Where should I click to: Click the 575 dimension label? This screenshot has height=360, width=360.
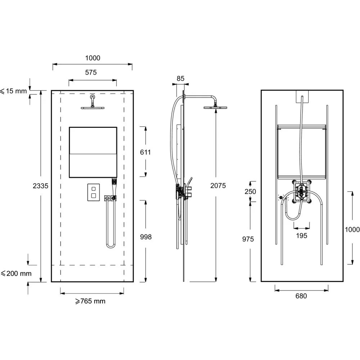(91, 73)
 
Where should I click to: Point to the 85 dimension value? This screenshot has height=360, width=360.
(180, 78)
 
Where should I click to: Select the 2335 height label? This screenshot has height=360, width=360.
(40, 186)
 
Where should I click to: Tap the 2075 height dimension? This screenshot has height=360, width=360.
(218, 185)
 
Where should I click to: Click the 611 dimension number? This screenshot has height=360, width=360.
(145, 152)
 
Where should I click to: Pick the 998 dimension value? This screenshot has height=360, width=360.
(146, 237)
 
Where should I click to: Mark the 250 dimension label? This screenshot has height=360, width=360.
(250, 192)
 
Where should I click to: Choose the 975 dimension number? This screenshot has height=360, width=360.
(248, 239)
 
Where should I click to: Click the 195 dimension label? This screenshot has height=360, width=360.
(301, 235)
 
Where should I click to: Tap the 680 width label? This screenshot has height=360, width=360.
(301, 296)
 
